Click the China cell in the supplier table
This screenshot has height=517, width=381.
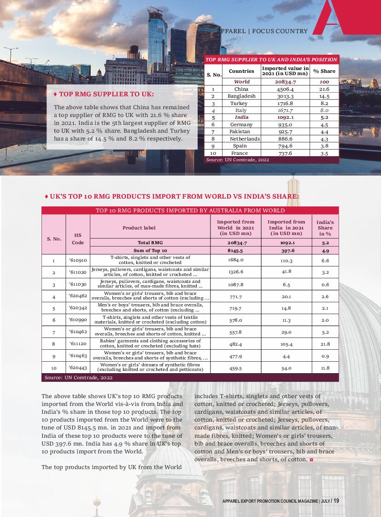241,89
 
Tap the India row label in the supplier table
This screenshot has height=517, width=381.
241,117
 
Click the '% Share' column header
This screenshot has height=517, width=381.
324,71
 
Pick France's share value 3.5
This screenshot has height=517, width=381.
324,153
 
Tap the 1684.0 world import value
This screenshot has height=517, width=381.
235,260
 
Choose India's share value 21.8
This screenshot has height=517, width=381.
325,344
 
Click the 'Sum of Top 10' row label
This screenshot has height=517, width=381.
150,250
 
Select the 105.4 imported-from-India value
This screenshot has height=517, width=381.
286,344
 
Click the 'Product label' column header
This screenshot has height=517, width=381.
139,228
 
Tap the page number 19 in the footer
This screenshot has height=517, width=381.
336,501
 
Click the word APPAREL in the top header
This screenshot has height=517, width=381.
233,31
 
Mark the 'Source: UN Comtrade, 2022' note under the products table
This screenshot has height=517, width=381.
79,377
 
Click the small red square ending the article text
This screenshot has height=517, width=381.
312,460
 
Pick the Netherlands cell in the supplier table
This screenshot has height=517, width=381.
245,139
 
